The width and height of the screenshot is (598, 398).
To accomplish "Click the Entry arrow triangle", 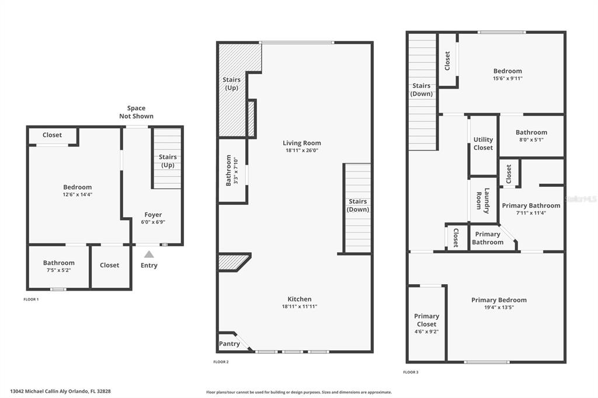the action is (149, 254).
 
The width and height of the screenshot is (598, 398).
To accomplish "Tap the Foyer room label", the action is (153, 215).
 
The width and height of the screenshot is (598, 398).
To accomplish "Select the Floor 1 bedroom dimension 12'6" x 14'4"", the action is (78, 194).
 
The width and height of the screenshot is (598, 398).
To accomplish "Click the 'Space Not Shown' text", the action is (136, 112).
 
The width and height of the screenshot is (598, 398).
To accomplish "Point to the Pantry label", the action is (229, 344).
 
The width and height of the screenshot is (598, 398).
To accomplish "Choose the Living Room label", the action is (302, 143).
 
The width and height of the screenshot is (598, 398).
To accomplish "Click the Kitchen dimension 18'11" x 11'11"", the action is (300, 306).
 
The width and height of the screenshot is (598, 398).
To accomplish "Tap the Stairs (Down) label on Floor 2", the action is (358, 205).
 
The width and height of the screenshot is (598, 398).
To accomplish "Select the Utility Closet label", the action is (483, 144).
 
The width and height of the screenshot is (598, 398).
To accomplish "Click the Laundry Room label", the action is (483, 201).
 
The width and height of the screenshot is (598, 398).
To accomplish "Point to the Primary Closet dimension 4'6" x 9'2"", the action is (426, 331).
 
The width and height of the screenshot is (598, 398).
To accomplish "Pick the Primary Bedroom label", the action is (499, 300).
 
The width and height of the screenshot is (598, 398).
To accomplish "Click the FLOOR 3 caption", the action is (411, 372).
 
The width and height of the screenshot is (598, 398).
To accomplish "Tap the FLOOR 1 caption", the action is (31, 299).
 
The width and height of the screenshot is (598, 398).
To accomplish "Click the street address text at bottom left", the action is (60, 391).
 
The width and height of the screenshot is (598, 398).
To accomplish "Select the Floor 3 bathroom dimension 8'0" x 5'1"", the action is (531, 139).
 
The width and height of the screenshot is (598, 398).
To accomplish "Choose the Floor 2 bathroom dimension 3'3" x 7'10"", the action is (236, 170).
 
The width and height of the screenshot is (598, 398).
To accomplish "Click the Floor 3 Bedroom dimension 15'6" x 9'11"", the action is (507, 79).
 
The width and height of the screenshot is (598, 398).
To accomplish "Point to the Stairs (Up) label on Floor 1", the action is (168, 161).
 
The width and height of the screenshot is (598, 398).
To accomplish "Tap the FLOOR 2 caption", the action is (221, 362).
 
